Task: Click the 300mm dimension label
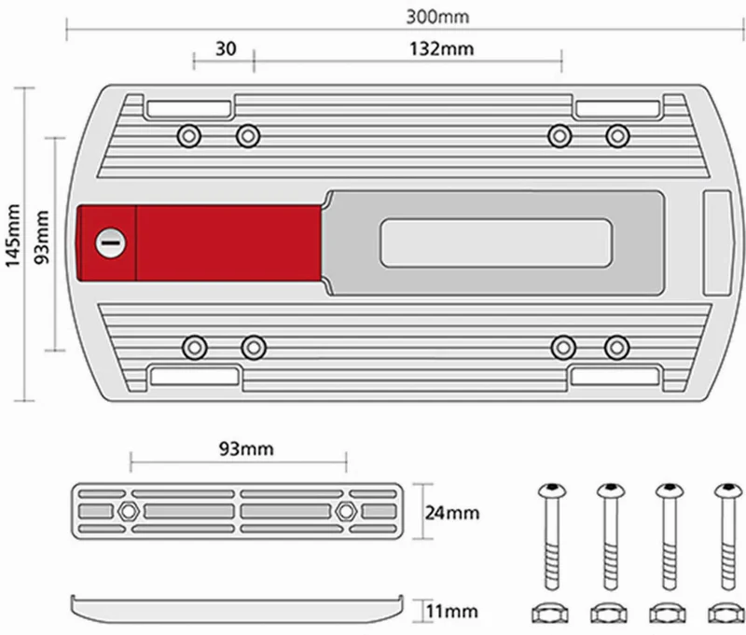[437, 17]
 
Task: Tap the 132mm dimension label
[441, 49]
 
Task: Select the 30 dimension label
[226, 49]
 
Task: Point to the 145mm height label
[13, 236]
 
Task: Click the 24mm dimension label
[452, 513]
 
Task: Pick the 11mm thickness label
[451, 611]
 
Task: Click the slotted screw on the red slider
[111, 243]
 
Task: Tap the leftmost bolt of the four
[552, 536]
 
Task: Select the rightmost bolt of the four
[728, 536]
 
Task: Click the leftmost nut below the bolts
[550, 614]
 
